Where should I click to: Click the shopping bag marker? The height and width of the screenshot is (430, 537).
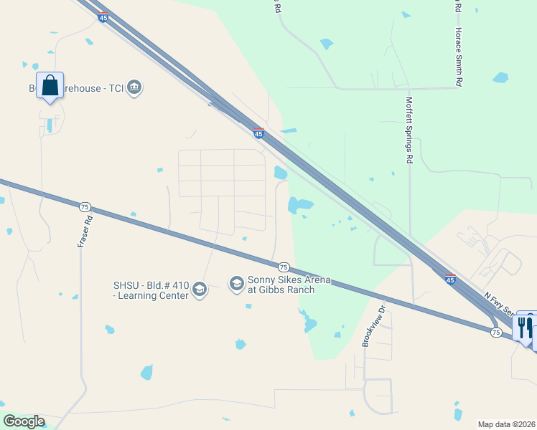click(50, 86)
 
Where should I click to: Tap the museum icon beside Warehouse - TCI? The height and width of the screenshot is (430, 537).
click(134, 88)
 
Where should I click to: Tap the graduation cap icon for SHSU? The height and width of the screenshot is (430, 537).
click(200, 290)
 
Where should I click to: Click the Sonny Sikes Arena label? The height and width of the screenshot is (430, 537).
click(289, 285)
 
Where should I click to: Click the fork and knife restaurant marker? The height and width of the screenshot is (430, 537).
click(526, 328)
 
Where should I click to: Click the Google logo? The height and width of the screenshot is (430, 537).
click(24, 421)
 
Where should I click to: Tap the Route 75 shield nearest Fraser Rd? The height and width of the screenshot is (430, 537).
click(85, 206)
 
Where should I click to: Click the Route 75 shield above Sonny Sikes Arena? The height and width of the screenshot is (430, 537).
click(284, 267)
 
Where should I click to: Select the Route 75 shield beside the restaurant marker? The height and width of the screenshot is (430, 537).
click(496, 333)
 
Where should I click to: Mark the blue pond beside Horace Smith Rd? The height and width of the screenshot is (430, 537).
click(500, 77)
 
